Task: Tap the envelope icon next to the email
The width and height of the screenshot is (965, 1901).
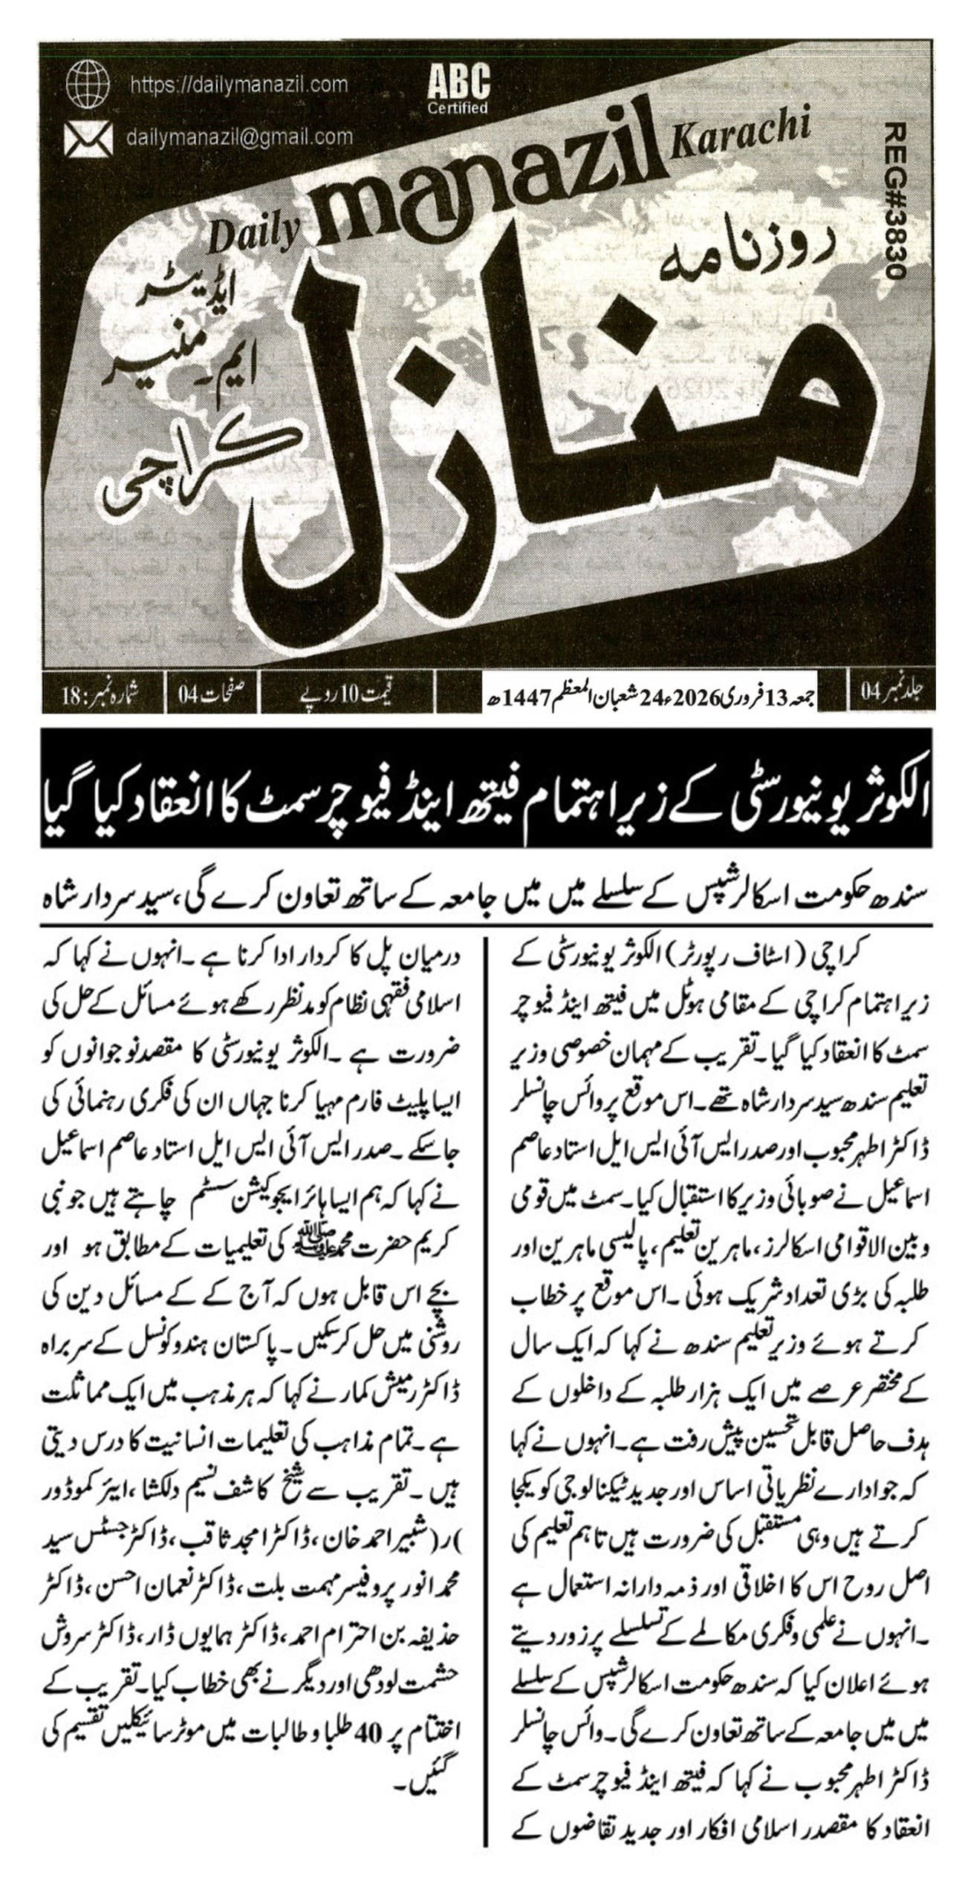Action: click(x=88, y=138)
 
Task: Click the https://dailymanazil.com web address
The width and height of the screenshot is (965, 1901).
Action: click(x=238, y=85)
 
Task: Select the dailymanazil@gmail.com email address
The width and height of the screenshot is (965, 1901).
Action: click(x=239, y=137)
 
